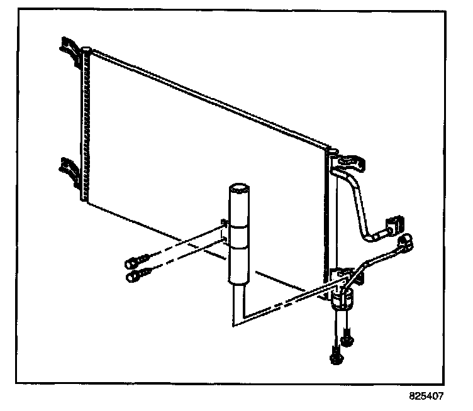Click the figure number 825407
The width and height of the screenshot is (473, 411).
point(426,397)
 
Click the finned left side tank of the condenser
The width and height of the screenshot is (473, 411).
point(84,126)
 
